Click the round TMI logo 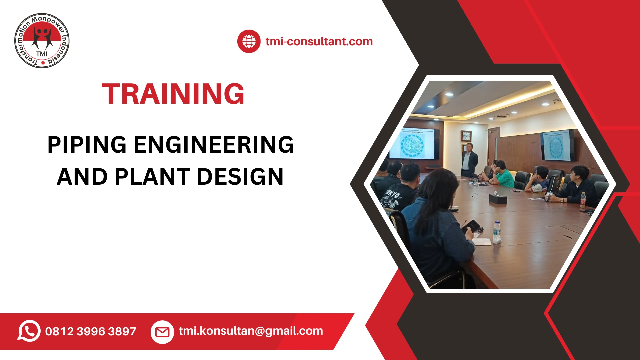[42, 41]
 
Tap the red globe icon [249, 41]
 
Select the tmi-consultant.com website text [319, 41]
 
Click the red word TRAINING [173, 94]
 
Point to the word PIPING [87, 145]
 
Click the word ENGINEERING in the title [214, 145]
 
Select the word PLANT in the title [152, 177]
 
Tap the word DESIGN [240, 177]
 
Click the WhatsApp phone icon [29, 331]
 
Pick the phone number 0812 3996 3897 [91, 331]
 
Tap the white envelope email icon [162, 332]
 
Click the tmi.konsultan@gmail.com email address [251, 331]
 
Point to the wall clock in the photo [466, 136]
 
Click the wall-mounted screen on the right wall [558, 145]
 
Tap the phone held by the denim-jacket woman [471, 226]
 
